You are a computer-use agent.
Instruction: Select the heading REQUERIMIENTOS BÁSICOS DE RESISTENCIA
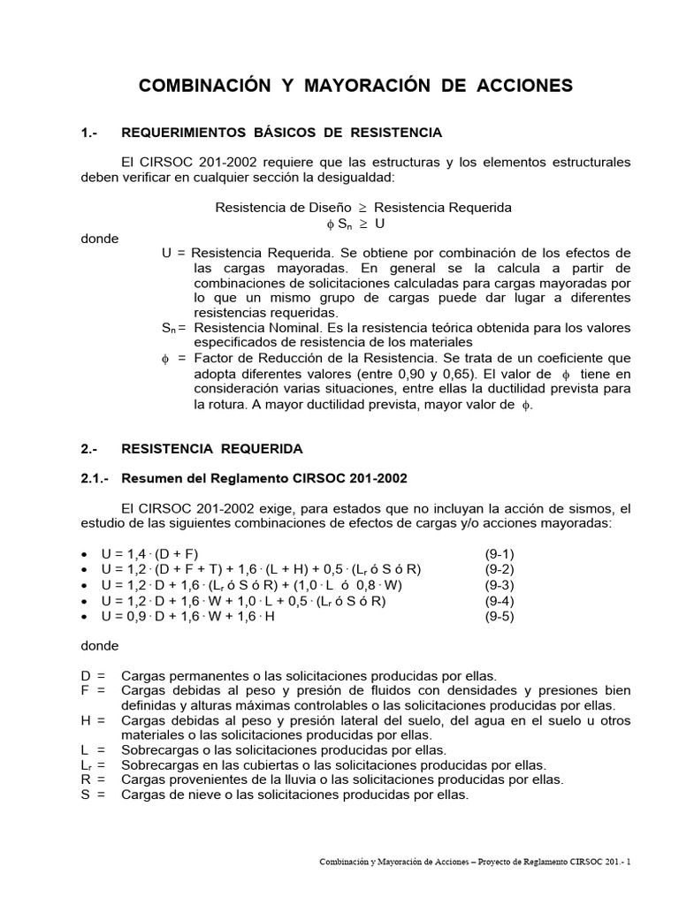281,133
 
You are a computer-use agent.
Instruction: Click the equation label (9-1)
500,553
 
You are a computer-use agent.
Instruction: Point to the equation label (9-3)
500,585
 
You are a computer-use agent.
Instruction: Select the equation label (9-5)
500,617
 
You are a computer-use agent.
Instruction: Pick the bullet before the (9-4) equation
84,602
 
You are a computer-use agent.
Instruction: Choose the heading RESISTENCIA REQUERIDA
212,448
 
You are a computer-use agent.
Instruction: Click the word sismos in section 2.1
596,508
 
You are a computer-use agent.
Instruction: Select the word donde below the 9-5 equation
99,646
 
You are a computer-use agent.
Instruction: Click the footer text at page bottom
475,862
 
